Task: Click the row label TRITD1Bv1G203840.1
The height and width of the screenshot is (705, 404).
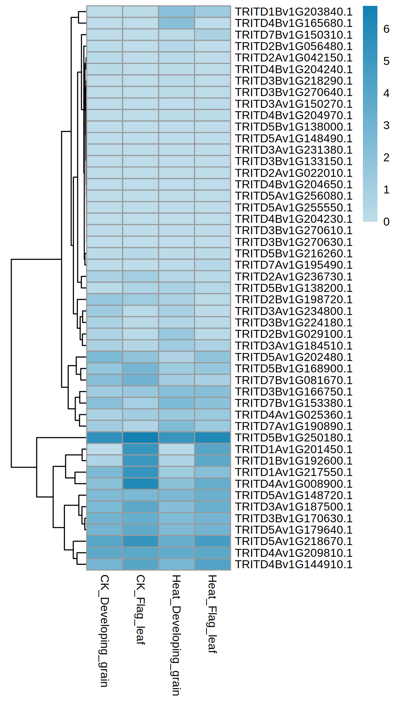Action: [294, 12]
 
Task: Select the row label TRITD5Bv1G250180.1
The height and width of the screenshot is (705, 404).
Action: [294, 438]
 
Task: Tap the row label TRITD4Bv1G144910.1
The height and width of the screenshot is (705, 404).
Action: [294, 564]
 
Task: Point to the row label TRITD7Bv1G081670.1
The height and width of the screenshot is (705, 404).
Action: [294, 380]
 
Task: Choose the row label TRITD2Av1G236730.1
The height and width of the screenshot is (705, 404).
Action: [294, 277]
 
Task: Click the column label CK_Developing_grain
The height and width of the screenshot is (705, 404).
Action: [104, 630]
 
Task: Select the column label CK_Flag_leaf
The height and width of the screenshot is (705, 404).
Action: [141, 610]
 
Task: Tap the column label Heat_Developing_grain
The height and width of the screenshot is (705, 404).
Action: [176, 635]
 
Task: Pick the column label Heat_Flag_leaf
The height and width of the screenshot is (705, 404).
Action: [212, 614]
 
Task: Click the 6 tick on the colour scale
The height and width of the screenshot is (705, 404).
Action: [386, 29]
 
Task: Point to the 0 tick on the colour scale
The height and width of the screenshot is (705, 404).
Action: [386, 221]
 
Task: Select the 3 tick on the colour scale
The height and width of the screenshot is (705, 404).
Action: [386, 125]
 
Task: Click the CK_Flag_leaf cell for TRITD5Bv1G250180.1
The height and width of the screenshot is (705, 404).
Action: [141, 438]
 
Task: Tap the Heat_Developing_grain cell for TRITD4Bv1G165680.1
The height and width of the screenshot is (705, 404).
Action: [176, 23]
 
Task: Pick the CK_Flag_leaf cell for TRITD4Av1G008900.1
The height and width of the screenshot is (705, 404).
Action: [141, 484]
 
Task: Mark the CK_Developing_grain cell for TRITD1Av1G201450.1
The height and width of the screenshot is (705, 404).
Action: [104, 449]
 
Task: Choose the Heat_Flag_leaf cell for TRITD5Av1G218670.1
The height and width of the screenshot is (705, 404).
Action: [212, 541]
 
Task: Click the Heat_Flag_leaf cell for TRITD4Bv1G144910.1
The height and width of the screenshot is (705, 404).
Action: [212, 564]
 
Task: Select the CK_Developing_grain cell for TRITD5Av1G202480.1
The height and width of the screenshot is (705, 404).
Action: [104, 357]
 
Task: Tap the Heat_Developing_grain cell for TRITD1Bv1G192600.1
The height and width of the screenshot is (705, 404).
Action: [176, 461]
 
